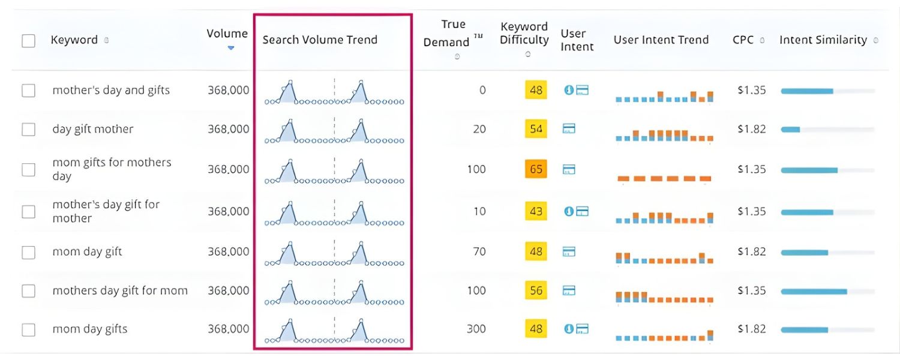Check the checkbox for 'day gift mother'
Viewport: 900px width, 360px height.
coord(28,129)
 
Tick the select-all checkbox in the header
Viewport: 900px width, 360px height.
coord(28,41)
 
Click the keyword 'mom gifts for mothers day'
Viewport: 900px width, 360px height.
coord(112,169)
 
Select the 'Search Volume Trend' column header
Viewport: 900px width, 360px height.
coord(320,40)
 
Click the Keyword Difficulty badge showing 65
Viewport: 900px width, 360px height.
coord(536,169)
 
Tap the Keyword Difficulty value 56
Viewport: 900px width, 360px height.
coord(536,290)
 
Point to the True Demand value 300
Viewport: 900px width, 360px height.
coord(477,329)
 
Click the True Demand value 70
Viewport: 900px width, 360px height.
coord(479,251)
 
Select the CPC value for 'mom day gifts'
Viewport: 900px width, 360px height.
coord(751,329)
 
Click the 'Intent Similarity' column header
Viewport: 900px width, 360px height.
coord(823,40)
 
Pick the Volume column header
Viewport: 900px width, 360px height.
coord(227,34)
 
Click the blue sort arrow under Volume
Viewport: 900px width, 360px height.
coord(231,48)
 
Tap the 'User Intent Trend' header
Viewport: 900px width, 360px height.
coord(661,40)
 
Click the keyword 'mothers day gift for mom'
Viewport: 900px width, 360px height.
coord(120,290)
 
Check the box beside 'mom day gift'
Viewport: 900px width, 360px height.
coord(28,252)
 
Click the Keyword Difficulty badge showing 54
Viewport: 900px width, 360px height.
coord(536,129)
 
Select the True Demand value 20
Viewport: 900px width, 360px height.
coord(479,129)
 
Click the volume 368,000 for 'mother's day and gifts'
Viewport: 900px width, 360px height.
coord(228,90)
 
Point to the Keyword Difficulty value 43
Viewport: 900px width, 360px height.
coord(536,211)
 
